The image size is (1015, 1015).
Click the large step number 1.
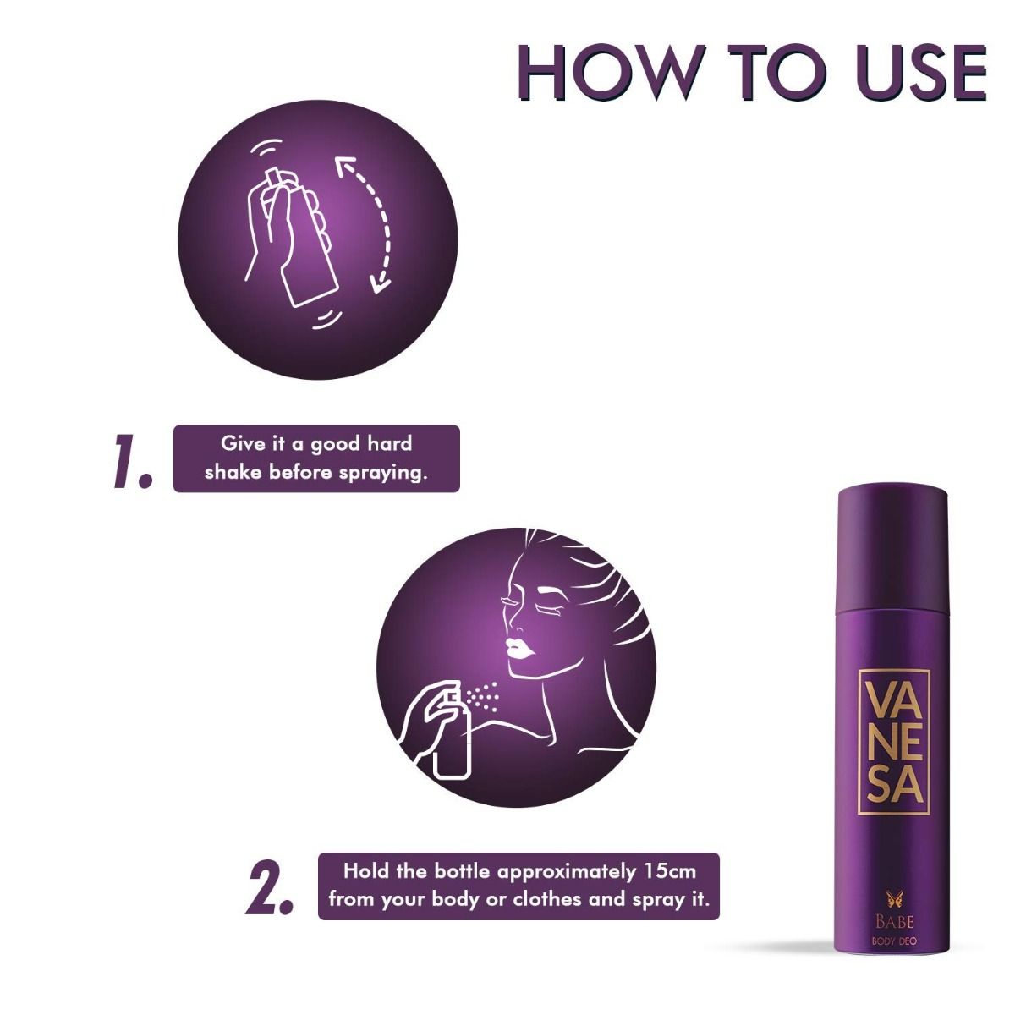(x=132, y=460)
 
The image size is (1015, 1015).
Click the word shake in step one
(x=233, y=472)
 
